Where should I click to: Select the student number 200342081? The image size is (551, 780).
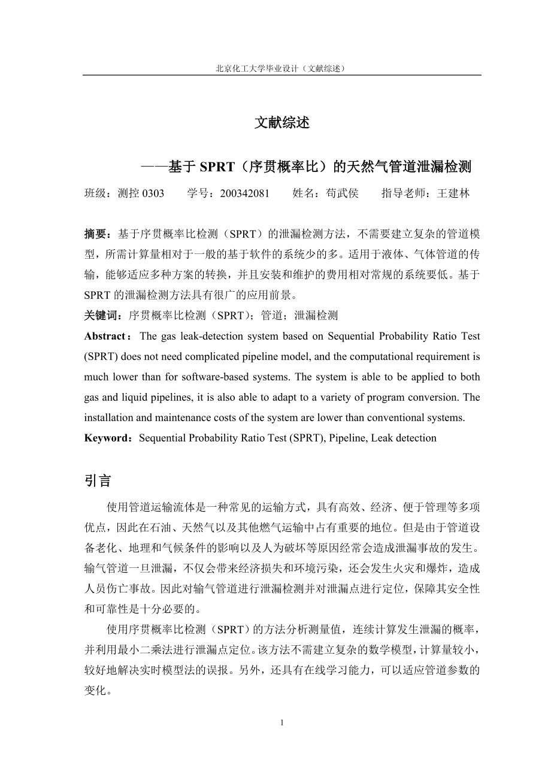[244, 194]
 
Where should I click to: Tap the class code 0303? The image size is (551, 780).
[153, 194]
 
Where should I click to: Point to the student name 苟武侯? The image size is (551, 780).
[342, 194]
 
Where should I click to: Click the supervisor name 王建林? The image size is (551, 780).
[453, 194]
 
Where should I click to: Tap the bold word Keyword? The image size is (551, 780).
[106, 438]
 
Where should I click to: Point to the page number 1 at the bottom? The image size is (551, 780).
[281, 722]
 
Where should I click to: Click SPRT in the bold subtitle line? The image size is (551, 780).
[217, 167]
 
